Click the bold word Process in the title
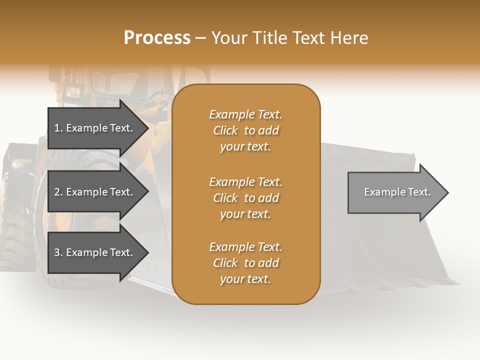point(157,38)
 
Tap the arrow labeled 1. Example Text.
point(95,128)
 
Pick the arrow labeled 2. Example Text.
point(95,192)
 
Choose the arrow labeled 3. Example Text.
point(95,252)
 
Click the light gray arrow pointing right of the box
point(395,192)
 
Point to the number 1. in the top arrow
point(58,128)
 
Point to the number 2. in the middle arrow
point(58,192)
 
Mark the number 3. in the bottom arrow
point(58,252)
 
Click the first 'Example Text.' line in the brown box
point(245,114)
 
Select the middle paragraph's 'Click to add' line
point(245,198)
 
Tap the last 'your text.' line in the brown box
point(245,279)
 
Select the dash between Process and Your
point(200,38)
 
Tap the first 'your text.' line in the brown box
point(245,146)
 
